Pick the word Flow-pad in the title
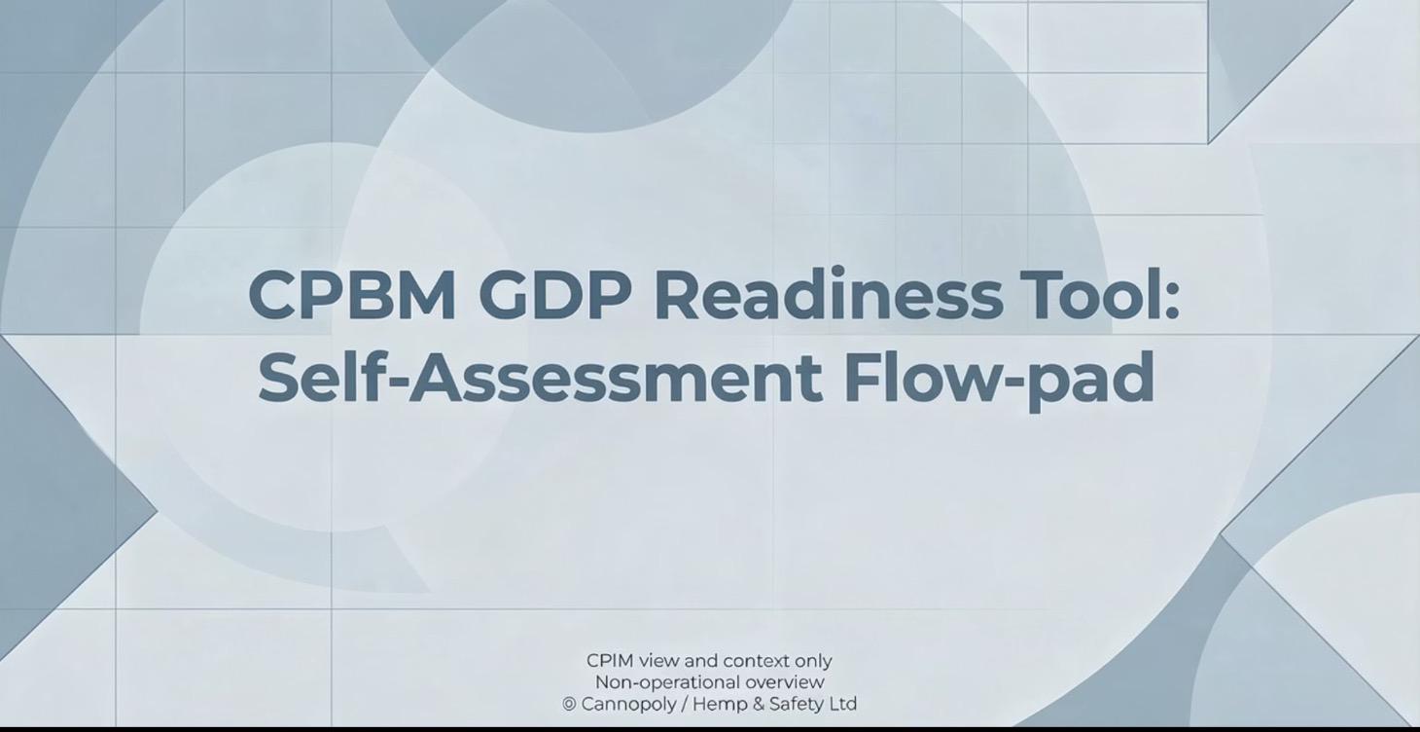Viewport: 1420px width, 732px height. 999,378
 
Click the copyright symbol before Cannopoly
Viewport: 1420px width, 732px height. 570,704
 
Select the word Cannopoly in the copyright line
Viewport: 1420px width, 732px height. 627,704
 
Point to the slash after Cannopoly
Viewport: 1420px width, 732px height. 684,704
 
